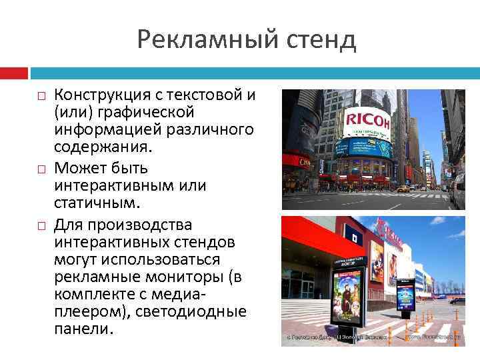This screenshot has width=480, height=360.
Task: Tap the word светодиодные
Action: pyautogui.click(x=197, y=311)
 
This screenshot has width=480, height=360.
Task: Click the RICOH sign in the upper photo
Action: pyautogui.click(x=368, y=121)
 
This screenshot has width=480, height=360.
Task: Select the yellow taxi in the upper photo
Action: pyautogui.click(x=404, y=189)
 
